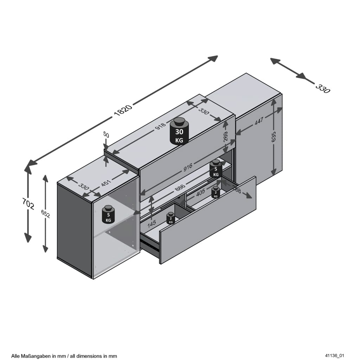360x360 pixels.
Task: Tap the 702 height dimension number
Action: (28, 204)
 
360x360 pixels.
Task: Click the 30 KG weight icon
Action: (179, 131)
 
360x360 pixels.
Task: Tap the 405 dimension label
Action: (200, 193)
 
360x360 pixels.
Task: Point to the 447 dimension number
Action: (259, 121)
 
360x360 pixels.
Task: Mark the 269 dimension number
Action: (226, 136)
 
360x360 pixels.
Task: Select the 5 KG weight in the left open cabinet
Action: (108, 214)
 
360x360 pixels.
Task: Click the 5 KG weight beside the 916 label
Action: (216, 169)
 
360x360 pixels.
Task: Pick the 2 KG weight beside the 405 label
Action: (216, 192)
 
